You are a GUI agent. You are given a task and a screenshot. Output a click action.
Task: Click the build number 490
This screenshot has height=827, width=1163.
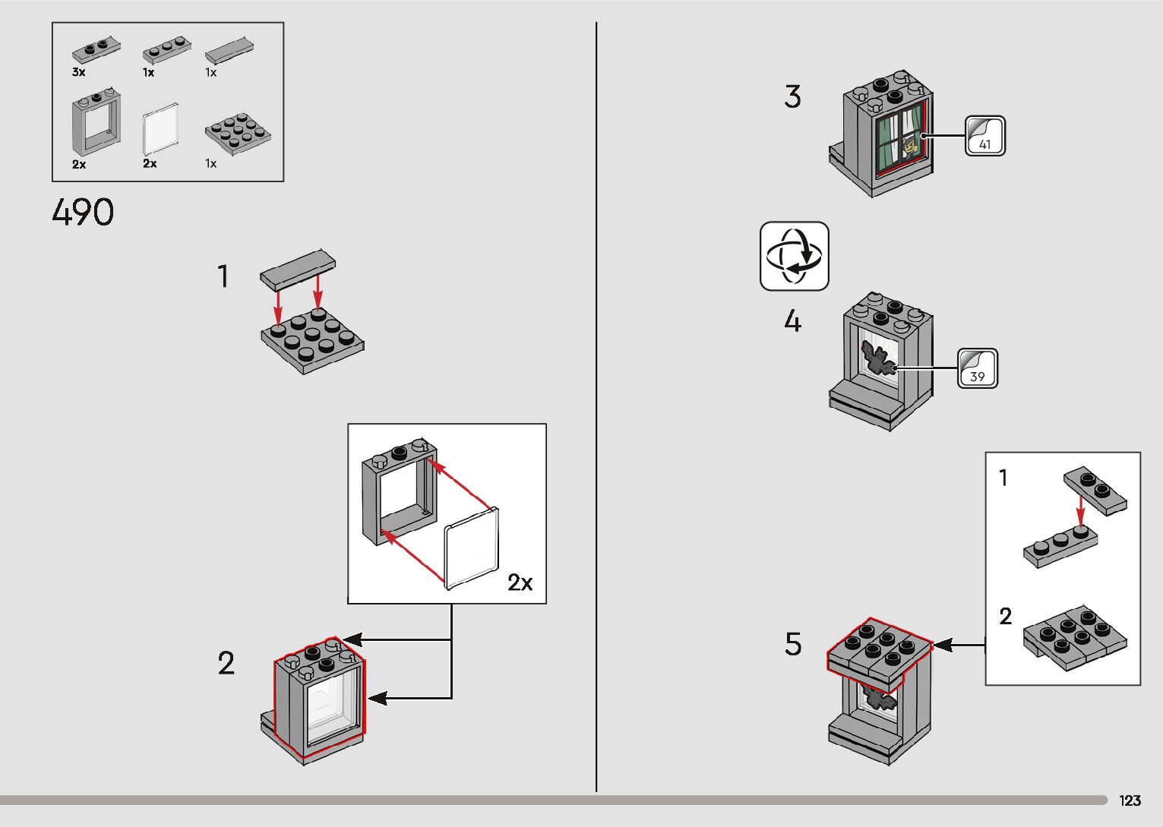coord(83,212)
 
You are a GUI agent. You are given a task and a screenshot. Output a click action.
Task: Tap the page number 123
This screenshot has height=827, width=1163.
coord(1130,800)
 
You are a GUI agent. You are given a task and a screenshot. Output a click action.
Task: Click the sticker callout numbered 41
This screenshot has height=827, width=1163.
coord(985,136)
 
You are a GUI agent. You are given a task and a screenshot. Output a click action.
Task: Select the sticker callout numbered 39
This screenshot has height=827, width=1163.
coord(978,368)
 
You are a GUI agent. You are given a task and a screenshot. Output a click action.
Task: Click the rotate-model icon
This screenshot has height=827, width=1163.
coord(794,256)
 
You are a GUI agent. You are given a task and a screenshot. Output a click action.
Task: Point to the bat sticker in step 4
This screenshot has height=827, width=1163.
coord(877,358)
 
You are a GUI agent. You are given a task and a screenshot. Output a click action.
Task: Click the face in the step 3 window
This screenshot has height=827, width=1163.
coord(909,145)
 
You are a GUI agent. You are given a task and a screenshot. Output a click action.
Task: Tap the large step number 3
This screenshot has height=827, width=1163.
coord(792,96)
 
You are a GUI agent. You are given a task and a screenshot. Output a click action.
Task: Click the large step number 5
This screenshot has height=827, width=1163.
coord(793,644)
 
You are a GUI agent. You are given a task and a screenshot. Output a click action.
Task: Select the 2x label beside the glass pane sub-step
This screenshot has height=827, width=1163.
coord(520,582)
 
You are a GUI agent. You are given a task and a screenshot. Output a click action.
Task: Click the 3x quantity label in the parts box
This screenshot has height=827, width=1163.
coord(79,72)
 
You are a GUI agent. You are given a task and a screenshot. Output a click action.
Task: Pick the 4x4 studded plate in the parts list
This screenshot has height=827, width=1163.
coord(238,133)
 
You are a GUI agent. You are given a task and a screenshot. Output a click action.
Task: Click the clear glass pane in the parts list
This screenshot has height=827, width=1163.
coord(161,129)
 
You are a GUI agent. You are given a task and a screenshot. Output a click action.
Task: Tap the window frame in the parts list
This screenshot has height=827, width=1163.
coord(96,125)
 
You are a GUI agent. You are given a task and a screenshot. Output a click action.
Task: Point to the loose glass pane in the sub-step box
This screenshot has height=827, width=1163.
coord(472,548)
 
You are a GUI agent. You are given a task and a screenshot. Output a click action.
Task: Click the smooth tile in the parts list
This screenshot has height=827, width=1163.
coord(229,51)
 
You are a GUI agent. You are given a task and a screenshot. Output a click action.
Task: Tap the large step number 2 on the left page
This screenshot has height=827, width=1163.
coord(226,663)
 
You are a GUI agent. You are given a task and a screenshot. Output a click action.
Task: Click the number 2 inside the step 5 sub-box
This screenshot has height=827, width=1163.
coord(1005,616)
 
